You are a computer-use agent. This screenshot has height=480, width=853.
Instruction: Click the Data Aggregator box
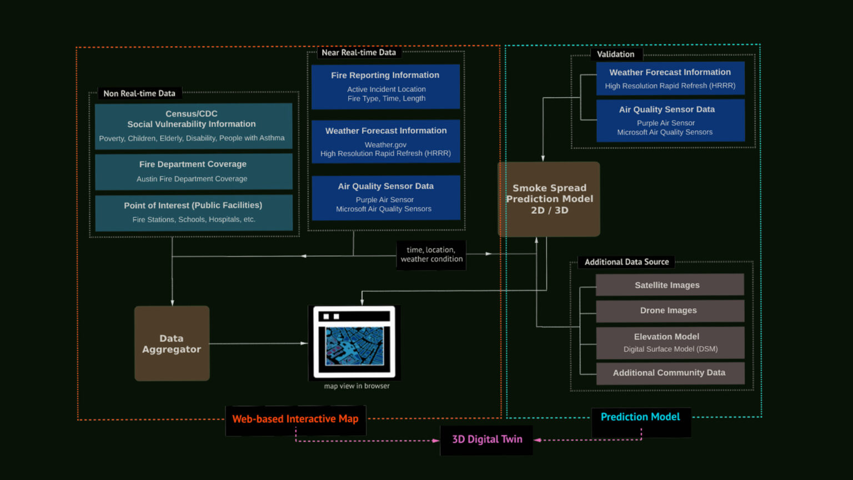(172, 343)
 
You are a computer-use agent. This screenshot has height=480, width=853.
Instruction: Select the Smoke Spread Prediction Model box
(549, 199)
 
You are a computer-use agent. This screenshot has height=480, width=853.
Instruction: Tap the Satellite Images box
(670, 284)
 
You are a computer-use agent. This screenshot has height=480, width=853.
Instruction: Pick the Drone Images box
(670, 311)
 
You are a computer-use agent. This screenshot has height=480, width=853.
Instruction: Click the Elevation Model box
(670, 342)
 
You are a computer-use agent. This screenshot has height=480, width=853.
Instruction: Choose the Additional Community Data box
(670, 373)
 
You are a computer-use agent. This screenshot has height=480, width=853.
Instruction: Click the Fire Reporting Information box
(385, 86)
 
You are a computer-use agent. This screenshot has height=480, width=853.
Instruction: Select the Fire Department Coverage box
(193, 171)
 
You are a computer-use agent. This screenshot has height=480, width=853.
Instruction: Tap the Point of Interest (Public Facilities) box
(193, 212)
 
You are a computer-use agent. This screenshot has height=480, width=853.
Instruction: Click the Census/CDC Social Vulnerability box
(193, 126)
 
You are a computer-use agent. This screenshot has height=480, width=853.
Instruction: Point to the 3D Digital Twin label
(486, 439)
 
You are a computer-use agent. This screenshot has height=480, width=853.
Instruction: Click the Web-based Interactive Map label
(295, 419)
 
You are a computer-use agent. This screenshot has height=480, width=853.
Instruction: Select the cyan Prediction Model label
(640, 417)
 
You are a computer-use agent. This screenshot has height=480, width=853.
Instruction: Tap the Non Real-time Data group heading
(139, 93)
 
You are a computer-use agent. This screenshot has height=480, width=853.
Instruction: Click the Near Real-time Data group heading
(359, 53)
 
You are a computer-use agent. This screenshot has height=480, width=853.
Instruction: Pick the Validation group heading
(615, 54)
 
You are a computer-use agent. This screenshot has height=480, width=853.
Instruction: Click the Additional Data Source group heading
(626, 262)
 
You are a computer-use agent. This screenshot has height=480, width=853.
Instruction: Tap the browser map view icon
(354, 342)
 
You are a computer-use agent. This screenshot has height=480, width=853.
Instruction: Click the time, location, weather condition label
(431, 254)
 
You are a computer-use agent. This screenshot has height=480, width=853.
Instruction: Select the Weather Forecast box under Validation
(670, 78)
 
